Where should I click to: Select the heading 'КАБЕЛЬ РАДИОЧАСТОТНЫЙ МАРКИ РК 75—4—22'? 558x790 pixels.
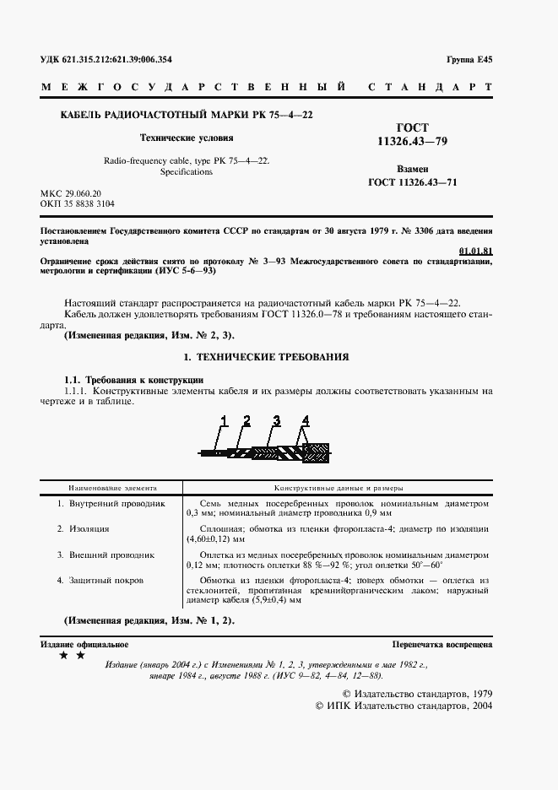point(183,115)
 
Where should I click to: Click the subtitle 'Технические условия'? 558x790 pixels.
point(187,138)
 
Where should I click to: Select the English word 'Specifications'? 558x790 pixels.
point(187,171)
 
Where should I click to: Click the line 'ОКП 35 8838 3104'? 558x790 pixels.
point(78,204)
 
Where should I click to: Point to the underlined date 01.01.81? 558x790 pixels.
point(475,251)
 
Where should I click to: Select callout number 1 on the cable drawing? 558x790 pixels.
point(225,419)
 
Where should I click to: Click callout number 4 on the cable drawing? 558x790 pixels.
point(305,419)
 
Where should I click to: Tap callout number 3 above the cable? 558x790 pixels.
point(276,419)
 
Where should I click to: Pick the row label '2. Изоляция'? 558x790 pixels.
point(84,529)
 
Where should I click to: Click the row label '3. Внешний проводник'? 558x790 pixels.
point(106,555)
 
